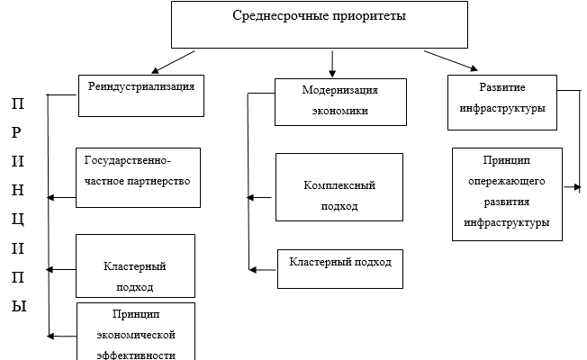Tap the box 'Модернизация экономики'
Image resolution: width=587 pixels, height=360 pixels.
pyautogui.click(x=339, y=103)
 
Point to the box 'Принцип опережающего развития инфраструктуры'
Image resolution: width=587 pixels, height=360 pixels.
pyautogui.click(x=507, y=193)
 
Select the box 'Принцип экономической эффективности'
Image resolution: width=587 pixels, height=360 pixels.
pyautogui.click(x=136, y=332)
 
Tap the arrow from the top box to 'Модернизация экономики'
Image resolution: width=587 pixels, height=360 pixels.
pyautogui.click(x=333, y=62)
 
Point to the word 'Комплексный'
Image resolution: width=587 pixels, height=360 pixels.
pyautogui.click(x=339, y=184)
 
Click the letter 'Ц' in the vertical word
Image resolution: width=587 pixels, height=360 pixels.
pyautogui.click(x=18, y=219)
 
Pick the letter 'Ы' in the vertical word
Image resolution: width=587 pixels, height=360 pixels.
pyautogui.click(x=18, y=306)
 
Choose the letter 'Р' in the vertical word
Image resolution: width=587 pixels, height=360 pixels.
pyautogui.click(x=17, y=132)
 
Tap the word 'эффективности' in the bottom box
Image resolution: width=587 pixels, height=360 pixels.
pyautogui.click(x=136, y=354)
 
